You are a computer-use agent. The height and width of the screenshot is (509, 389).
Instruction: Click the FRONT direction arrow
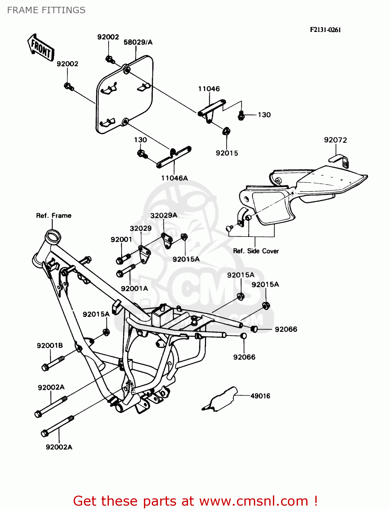tap(41, 48)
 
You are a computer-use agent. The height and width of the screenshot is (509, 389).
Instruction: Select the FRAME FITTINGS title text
tap(46, 10)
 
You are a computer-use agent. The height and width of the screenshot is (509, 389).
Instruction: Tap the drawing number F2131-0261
tap(325, 30)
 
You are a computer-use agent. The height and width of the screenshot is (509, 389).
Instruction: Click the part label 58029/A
tap(138, 42)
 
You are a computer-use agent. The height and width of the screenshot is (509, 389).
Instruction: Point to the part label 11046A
tap(174, 178)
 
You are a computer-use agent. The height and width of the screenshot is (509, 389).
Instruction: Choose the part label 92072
tap(335, 140)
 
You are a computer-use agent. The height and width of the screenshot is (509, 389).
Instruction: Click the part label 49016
tap(260, 396)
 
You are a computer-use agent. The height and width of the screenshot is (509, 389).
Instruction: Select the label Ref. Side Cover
tap(256, 251)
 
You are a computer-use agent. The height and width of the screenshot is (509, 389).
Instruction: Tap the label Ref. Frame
tap(54, 216)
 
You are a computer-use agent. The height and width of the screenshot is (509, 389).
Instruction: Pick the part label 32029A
tap(164, 215)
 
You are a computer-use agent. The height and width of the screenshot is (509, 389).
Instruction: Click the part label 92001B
tap(50, 346)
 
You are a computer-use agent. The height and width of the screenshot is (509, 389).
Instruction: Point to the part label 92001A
tap(134, 289)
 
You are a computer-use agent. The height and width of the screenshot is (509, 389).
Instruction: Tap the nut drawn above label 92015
tap(226, 131)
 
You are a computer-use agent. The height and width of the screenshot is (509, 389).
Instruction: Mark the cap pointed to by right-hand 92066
tap(254, 329)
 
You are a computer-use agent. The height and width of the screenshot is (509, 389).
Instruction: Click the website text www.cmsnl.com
tap(254, 501)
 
